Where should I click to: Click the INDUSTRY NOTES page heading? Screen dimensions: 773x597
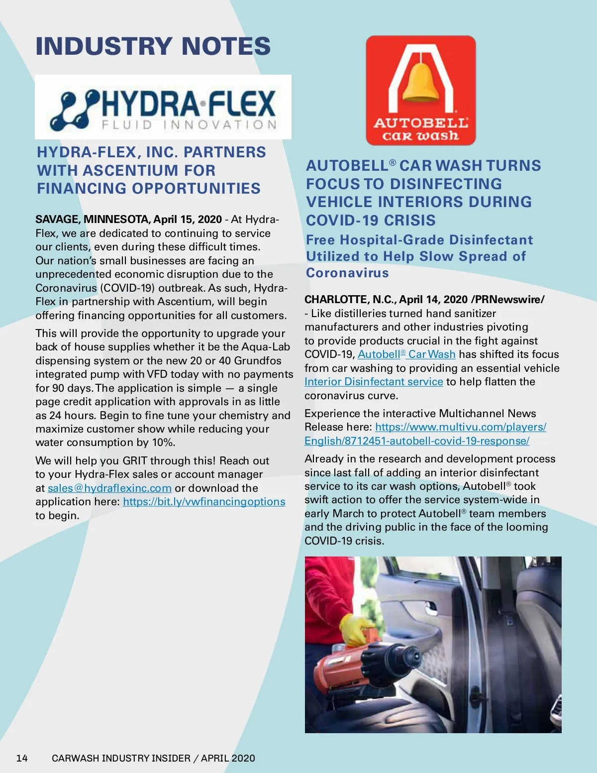point(153,46)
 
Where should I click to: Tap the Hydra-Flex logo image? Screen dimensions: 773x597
point(163,107)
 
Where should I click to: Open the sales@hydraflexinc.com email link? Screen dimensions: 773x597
point(109,488)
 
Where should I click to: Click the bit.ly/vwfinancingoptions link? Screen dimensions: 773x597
point(204,502)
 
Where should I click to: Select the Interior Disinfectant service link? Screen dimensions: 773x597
point(374,382)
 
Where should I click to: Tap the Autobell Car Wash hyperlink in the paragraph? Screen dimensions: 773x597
point(406,354)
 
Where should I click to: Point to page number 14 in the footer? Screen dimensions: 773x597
point(22,758)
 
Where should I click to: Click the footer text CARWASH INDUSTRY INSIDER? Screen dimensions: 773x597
point(121,758)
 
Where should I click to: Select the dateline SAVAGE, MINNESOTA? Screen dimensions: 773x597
point(93,220)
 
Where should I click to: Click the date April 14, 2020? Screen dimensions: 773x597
point(433,300)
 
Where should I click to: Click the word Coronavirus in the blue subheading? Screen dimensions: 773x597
point(347,273)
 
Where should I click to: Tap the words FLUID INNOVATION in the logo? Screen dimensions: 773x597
point(189,124)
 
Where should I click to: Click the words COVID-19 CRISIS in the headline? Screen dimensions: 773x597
point(371,220)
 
